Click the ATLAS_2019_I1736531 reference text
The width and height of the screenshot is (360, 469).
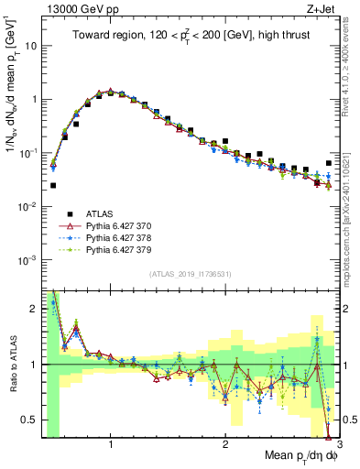point(190,273)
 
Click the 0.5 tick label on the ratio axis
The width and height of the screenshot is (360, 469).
point(29,420)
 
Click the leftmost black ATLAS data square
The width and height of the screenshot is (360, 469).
point(53,185)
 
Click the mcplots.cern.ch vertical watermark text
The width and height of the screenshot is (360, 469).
point(352,220)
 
